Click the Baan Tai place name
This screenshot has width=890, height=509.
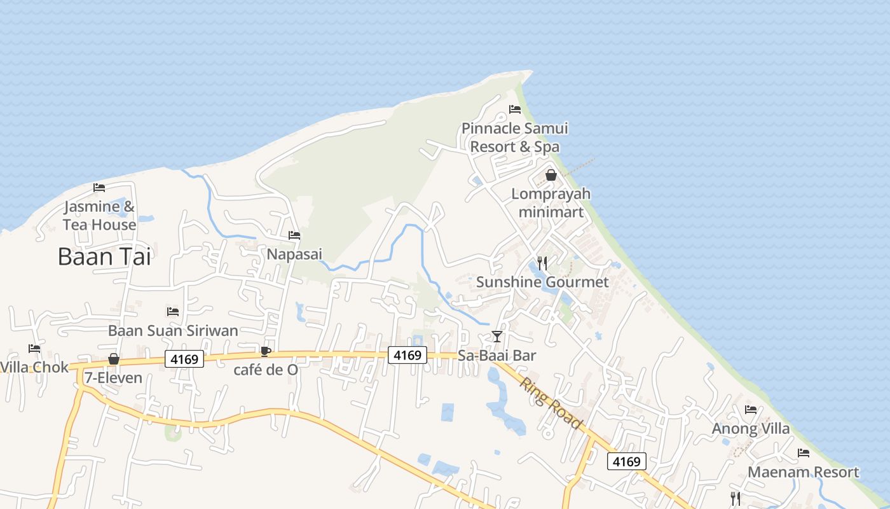pyautogui.click(x=104, y=256)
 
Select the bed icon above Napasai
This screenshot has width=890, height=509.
pyautogui.click(x=294, y=235)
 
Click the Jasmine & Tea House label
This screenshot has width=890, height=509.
pyautogui.click(x=99, y=216)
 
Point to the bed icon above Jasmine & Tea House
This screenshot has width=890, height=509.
pyautogui.click(x=99, y=187)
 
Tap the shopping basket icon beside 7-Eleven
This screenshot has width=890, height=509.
pyautogui.click(x=114, y=359)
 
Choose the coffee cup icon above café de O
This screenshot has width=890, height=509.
pyautogui.click(x=266, y=351)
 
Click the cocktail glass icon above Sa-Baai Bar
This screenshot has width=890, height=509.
pyautogui.click(x=497, y=336)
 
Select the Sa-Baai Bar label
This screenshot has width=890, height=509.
pyautogui.click(x=497, y=356)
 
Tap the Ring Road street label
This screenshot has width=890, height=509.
pyautogui.click(x=551, y=403)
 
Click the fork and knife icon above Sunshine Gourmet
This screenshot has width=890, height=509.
pyautogui.click(x=542, y=263)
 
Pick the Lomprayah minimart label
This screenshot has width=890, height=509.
pyautogui.click(x=551, y=202)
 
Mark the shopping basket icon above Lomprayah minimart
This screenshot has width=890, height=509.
pyautogui.click(x=551, y=175)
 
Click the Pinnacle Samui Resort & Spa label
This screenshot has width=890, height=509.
pyautogui.click(x=515, y=137)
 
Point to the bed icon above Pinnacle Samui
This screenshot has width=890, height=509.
pyautogui.click(x=515, y=109)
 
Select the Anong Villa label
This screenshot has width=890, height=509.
pyautogui.click(x=750, y=428)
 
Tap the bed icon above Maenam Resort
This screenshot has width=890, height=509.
pyautogui.click(x=804, y=453)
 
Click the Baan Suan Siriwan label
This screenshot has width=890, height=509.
pyautogui.click(x=173, y=330)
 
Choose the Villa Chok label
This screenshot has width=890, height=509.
pyautogui.click(x=34, y=367)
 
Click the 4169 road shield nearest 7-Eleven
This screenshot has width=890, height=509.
pyautogui.click(x=184, y=359)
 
